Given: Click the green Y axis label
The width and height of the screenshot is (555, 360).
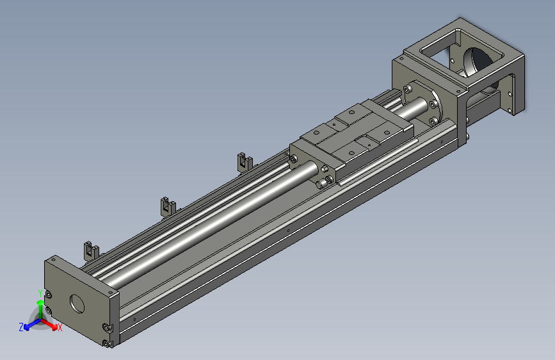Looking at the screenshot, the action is click(40, 293).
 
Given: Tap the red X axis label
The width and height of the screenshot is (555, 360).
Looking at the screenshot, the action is click(60, 327).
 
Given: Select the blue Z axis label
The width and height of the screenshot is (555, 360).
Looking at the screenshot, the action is click(21, 327).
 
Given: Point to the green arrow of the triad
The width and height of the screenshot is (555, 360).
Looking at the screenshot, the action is click(40, 308).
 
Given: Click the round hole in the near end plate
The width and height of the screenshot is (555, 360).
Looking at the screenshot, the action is click(77, 304).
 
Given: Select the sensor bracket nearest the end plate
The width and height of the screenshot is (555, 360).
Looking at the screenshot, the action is click(91, 250).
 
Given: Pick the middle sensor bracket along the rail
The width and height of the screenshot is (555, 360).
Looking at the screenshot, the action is click(168, 206).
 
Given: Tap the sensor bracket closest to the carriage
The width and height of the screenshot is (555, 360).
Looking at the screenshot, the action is click(245, 162).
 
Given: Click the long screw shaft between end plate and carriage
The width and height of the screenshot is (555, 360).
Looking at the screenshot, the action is click(213, 222).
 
